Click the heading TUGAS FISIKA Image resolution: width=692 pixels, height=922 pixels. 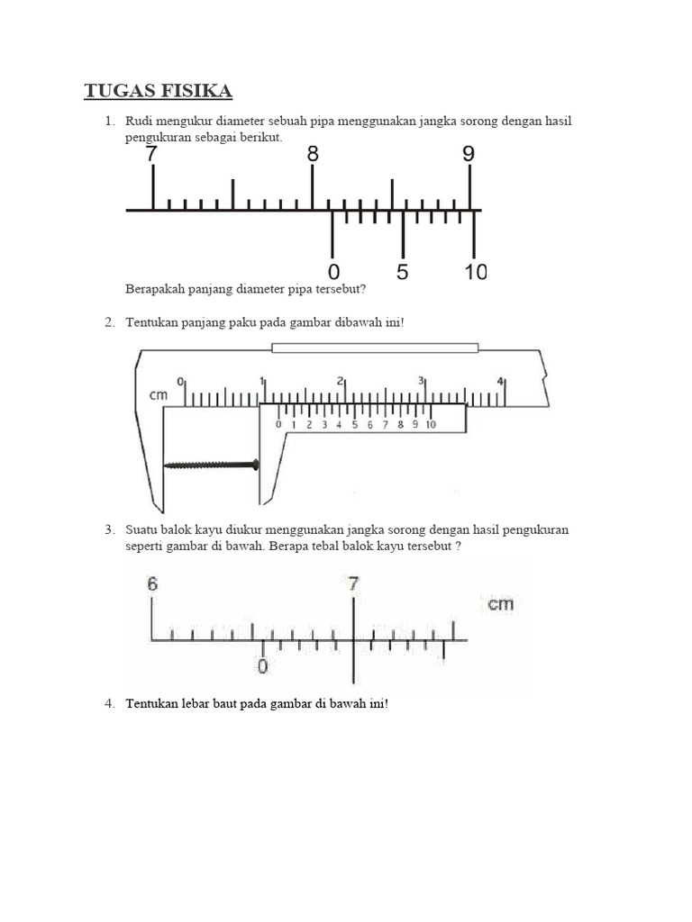point(158,91)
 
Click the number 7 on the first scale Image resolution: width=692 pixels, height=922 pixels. point(152,154)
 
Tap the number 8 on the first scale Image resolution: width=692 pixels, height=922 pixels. point(313,154)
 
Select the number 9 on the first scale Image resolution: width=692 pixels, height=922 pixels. point(469,154)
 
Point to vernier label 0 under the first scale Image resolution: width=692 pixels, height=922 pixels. point(334,272)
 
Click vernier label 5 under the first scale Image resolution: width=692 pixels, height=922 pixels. point(402,272)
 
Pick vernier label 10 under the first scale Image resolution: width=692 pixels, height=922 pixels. point(475,272)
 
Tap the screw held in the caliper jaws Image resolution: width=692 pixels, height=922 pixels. point(211,465)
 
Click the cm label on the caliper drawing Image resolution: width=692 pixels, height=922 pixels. point(159,395)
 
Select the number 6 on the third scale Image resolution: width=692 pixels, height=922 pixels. point(152,583)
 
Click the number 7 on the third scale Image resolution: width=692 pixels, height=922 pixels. point(354,583)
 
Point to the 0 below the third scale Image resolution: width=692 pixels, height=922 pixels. point(263,667)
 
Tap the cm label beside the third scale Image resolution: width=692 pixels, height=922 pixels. point(501,603)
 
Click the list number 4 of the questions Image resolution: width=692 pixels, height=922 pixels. point(108,703)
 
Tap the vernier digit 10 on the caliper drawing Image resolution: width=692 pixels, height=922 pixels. point(430,425)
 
